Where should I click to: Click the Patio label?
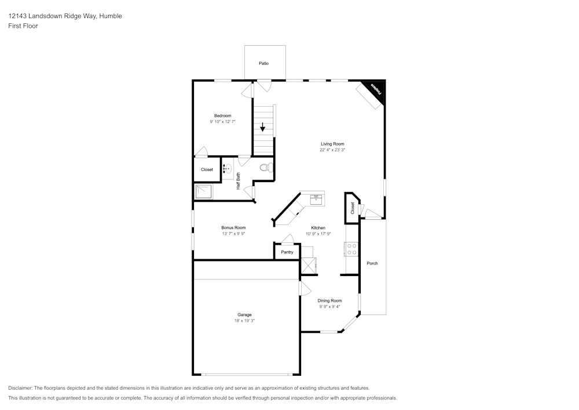[x=263, y=64]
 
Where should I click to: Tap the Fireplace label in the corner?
[x=376, y=89]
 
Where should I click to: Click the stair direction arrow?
[x=262, y=127]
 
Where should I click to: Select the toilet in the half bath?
[x=266, y=168]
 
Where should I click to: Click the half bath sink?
[x=228, y=169]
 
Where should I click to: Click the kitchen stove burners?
[x=351, y=249]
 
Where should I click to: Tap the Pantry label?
[x=287, y=252]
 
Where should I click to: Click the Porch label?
[x=372, y=263]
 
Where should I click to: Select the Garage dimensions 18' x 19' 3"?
[x=244, y=321]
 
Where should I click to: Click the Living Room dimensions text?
[x=332, y=150]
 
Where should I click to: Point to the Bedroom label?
[x=223, y=116]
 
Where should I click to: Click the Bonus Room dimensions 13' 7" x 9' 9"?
[x=233, y=234]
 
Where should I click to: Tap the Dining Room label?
[x=330, y=300]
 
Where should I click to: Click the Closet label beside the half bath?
[x=207, y=170]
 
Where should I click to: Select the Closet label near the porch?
[x=352, y=208]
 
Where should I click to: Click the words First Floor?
[x=23, y=26]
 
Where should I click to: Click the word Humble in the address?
[x=111, y=16]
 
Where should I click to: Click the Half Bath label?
[x=238, y=181]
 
